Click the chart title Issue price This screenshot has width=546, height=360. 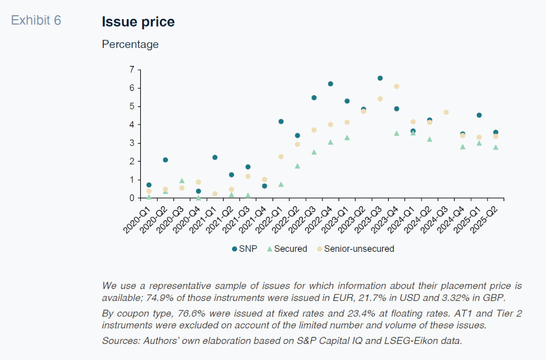[x=138, y=22]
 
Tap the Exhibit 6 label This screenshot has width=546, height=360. [x=36, y=21]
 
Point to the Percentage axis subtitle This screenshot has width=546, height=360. [x=130, y=44]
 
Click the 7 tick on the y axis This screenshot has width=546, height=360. [x=132, y=70]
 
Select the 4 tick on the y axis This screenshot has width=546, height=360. [x=132, y=125]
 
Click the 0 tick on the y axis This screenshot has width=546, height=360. [x=132, y=198]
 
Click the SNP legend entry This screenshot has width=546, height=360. [x=245, y=248]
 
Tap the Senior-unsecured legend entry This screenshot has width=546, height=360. [x=355, y=248]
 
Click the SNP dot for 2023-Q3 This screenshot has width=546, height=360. [x=380, y=78]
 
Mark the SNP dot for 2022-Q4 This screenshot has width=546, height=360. [x=330, y=84]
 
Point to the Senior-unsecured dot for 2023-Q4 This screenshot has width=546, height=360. [x=397, y=86]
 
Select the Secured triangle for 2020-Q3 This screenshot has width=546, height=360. [x=182, y=181]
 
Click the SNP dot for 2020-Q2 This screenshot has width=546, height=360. [x=165, y=160]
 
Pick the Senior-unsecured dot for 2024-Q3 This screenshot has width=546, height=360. [x=446, y=112]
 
